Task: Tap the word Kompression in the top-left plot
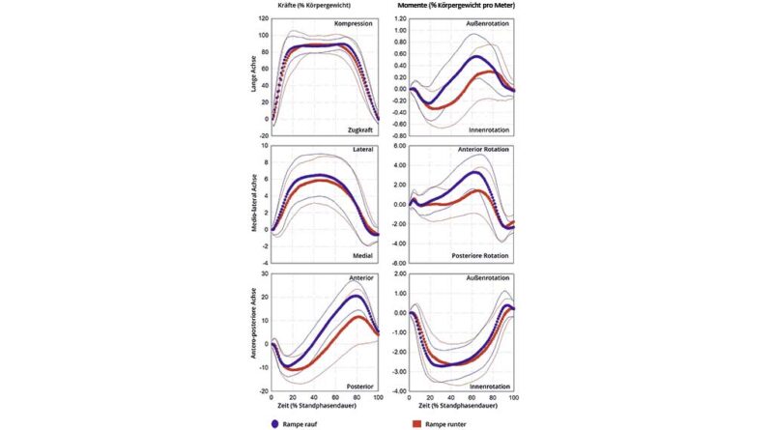click(355, 23)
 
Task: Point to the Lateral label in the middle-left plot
click(362, 151)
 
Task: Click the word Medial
click(362, 256)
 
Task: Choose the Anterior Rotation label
click(485, 150)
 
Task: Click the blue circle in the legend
click(276, 421)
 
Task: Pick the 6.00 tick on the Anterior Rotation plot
click(397, 145)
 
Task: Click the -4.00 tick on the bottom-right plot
click(396, 390)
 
